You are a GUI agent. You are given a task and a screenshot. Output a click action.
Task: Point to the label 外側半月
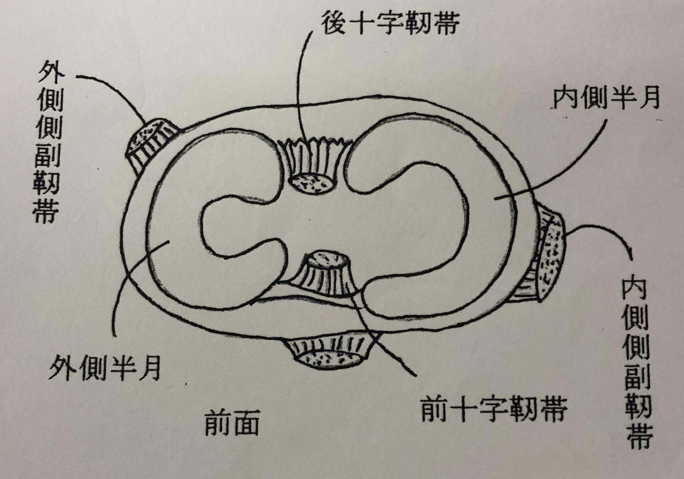pos(105,368)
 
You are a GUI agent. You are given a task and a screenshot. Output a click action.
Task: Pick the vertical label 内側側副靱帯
pos(637,364)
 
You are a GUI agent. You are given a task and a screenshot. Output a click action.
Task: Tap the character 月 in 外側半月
pos(150,368)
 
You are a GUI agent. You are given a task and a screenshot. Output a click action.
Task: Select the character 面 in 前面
pos(246,423)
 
